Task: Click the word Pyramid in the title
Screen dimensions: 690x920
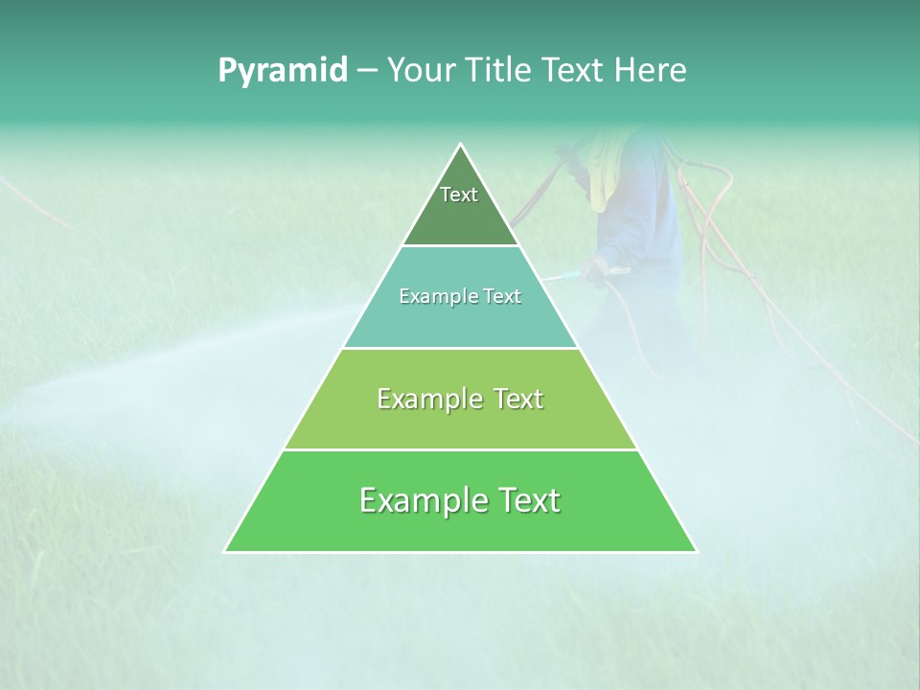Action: click(x=283, y=71)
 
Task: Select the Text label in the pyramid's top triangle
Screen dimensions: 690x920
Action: click(x=459, y=195)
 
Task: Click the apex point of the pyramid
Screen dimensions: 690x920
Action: click(x=461, y=145)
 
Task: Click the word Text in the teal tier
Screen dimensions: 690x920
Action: click(x=501, y=297)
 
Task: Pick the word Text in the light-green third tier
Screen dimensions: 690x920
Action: click(x=517, y=400)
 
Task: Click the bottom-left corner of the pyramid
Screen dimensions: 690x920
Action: click(x=225, y=551)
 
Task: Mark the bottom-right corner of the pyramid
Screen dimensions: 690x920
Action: click(x=696, y=551)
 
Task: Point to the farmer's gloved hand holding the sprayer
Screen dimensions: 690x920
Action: click(x=596, y=271)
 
